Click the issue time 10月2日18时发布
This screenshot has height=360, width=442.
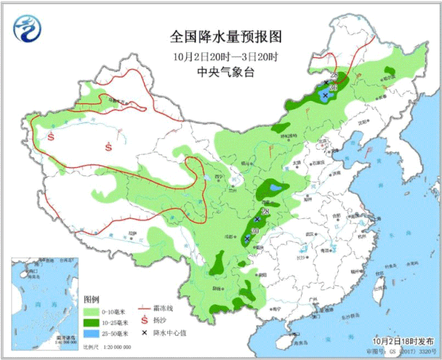tap(401, 341)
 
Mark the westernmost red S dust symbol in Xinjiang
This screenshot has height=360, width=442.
tap(51, 137)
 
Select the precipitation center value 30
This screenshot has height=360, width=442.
tap(254, 231)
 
